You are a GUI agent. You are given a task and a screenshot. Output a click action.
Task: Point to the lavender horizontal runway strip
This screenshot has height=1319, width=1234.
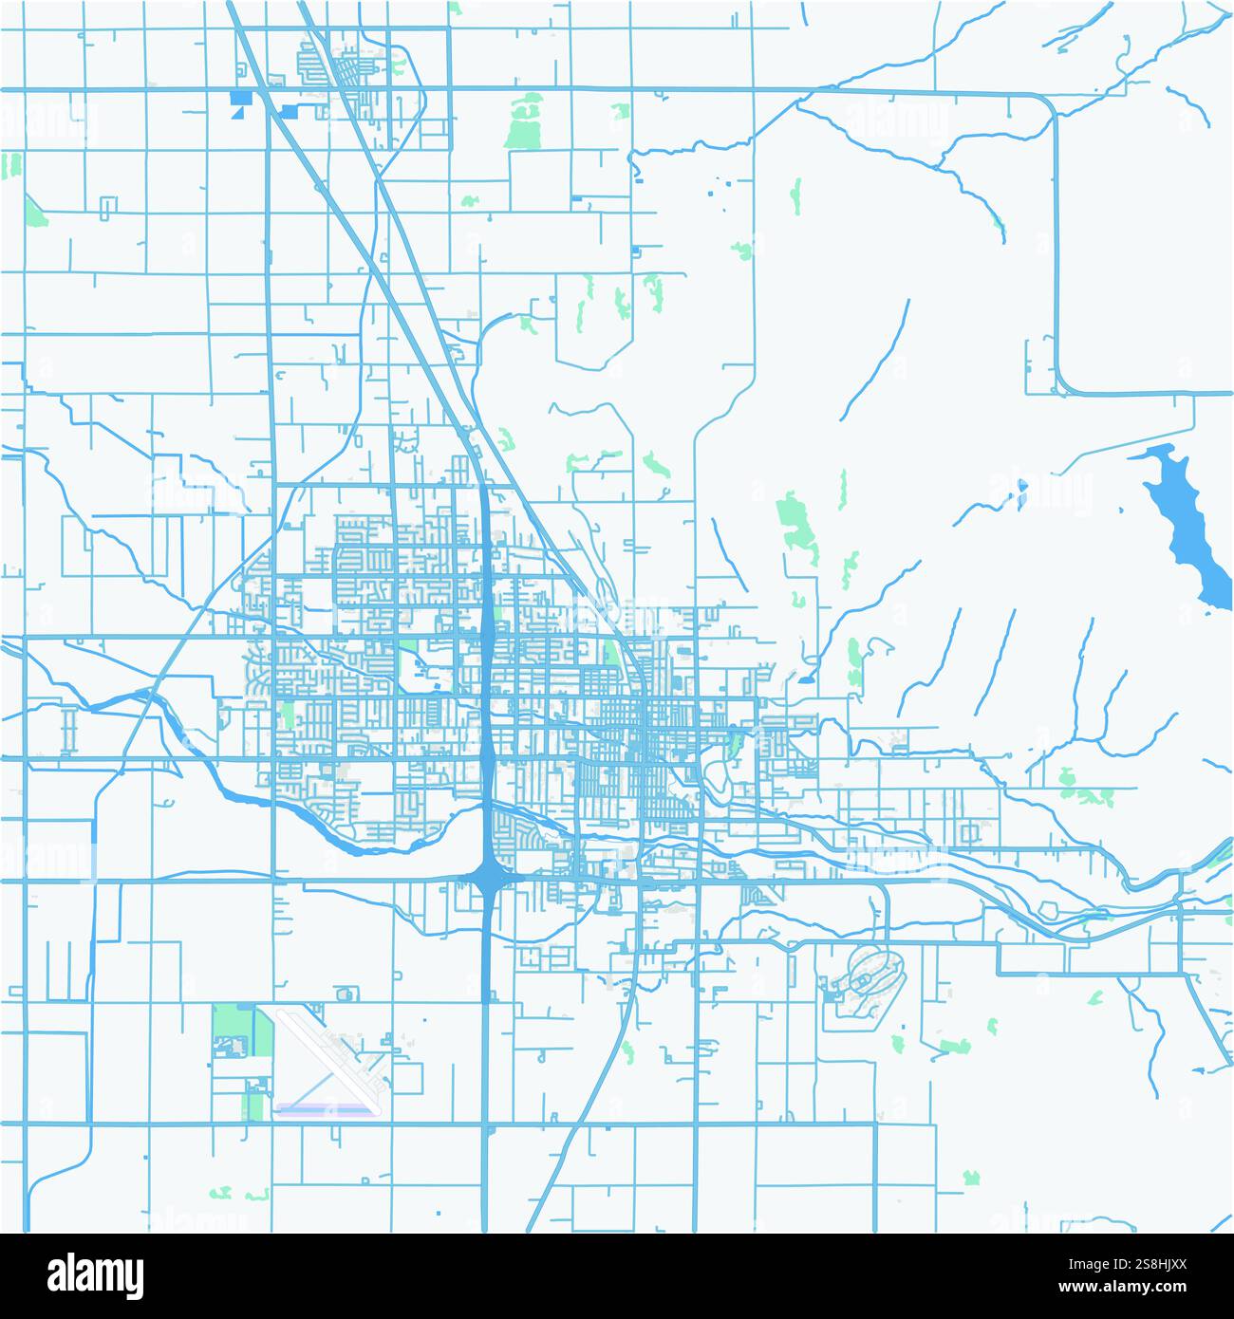323,1106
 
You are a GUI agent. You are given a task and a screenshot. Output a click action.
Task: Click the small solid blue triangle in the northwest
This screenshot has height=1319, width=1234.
236,112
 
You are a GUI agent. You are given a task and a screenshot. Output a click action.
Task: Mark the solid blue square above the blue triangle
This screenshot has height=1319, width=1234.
237,96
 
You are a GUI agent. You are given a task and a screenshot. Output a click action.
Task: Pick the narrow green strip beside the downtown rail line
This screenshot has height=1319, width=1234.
609,652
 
